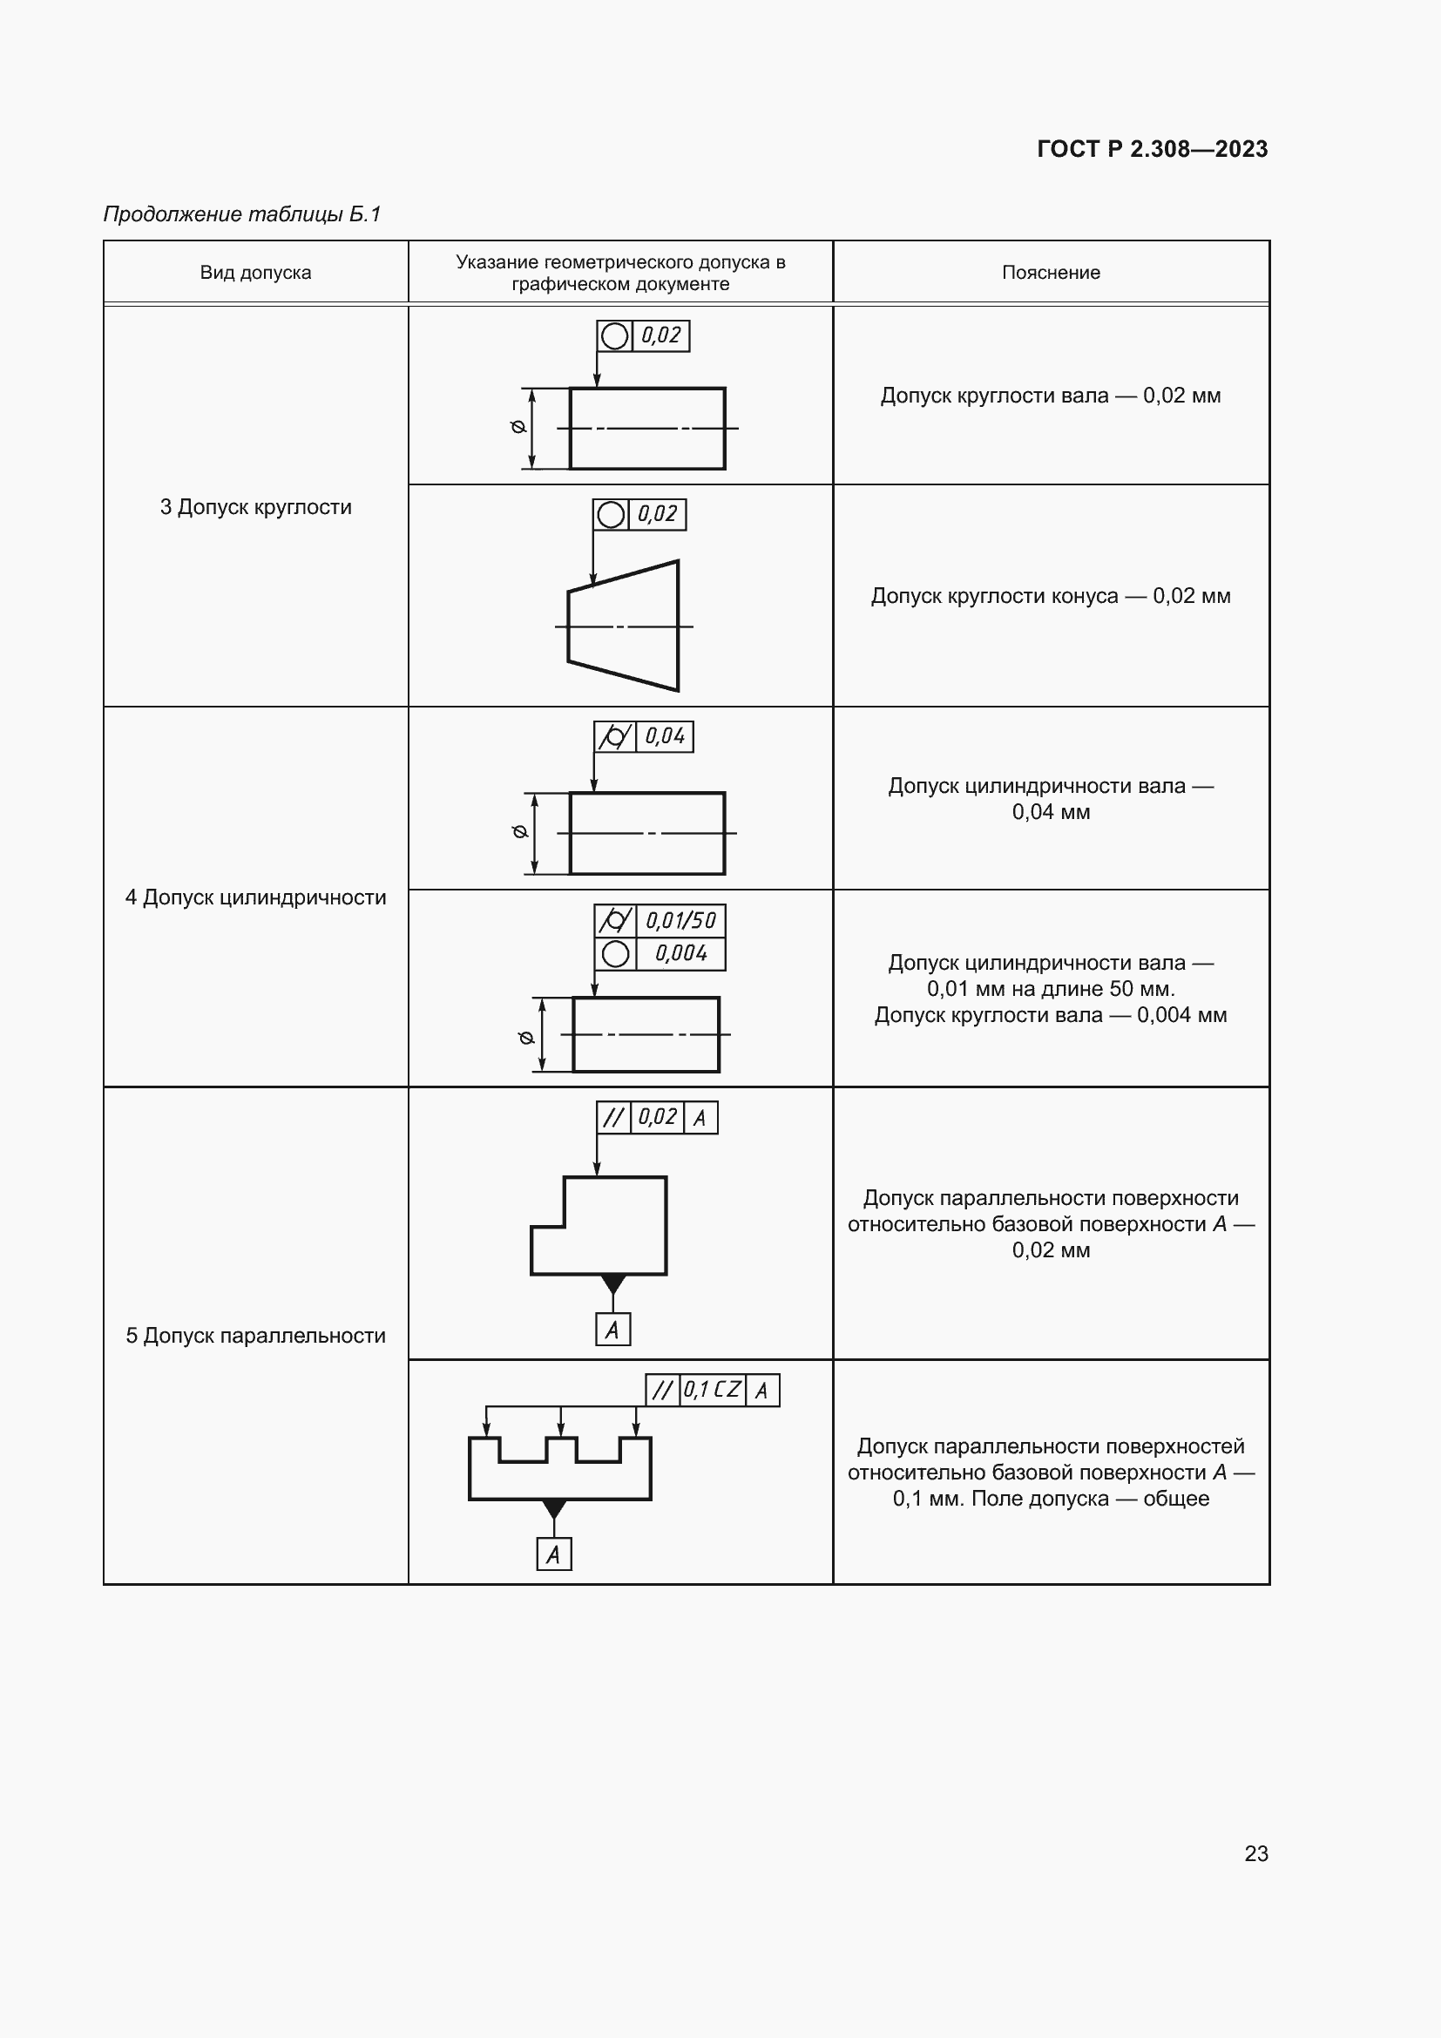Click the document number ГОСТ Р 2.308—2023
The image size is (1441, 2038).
[1152, 149]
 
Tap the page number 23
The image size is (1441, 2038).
[1255, 1853]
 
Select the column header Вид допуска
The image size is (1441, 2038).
[255, 273]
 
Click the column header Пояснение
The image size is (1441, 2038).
[1051, 273]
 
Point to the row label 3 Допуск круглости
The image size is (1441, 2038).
[255, 507]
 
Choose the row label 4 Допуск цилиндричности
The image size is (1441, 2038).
[255, 897]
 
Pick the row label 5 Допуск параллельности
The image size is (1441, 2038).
[255, 1336]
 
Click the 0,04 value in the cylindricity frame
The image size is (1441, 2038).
[665, 737]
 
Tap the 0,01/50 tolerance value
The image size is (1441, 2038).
[680, 920]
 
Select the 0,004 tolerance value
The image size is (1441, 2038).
[680, 954]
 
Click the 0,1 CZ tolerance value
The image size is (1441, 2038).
[713, 1390]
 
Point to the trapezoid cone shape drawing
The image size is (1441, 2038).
[623, 626]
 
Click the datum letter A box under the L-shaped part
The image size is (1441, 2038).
[612, 1330]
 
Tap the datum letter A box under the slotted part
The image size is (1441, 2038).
[554, 1554]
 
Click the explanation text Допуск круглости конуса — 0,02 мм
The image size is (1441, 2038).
[1051, 596]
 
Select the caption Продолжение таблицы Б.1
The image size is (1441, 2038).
[242, 214]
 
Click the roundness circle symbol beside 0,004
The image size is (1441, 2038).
[615, 954]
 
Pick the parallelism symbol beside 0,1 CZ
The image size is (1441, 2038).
[662, 1390]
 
